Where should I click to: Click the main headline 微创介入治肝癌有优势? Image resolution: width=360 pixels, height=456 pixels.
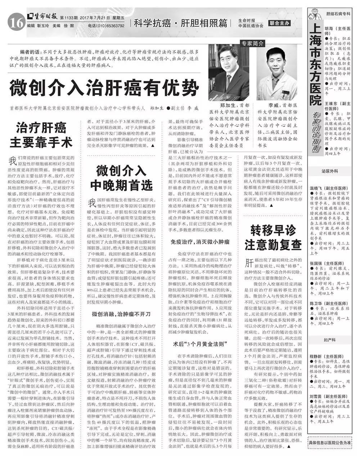coord(104,86)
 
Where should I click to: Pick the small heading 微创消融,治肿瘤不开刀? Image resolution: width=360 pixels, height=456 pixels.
coord(121,314)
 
